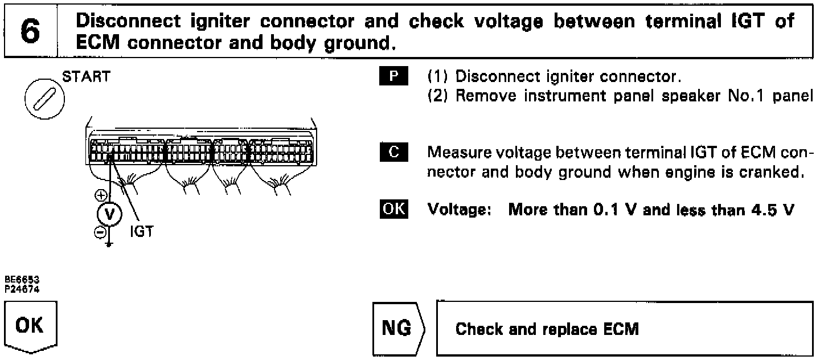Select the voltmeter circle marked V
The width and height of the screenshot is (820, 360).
pyautogui.click(x=110, y=215)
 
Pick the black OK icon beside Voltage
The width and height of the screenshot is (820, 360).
pyautogui.click(x=393, y=210)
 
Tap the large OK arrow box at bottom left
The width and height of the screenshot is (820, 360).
pyautogui.click(x=32, y=327)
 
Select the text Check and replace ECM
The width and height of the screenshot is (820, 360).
pyautogui.click(x=547, y=329)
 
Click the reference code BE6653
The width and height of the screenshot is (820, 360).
pyautogui.click(x=18, y=280)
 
